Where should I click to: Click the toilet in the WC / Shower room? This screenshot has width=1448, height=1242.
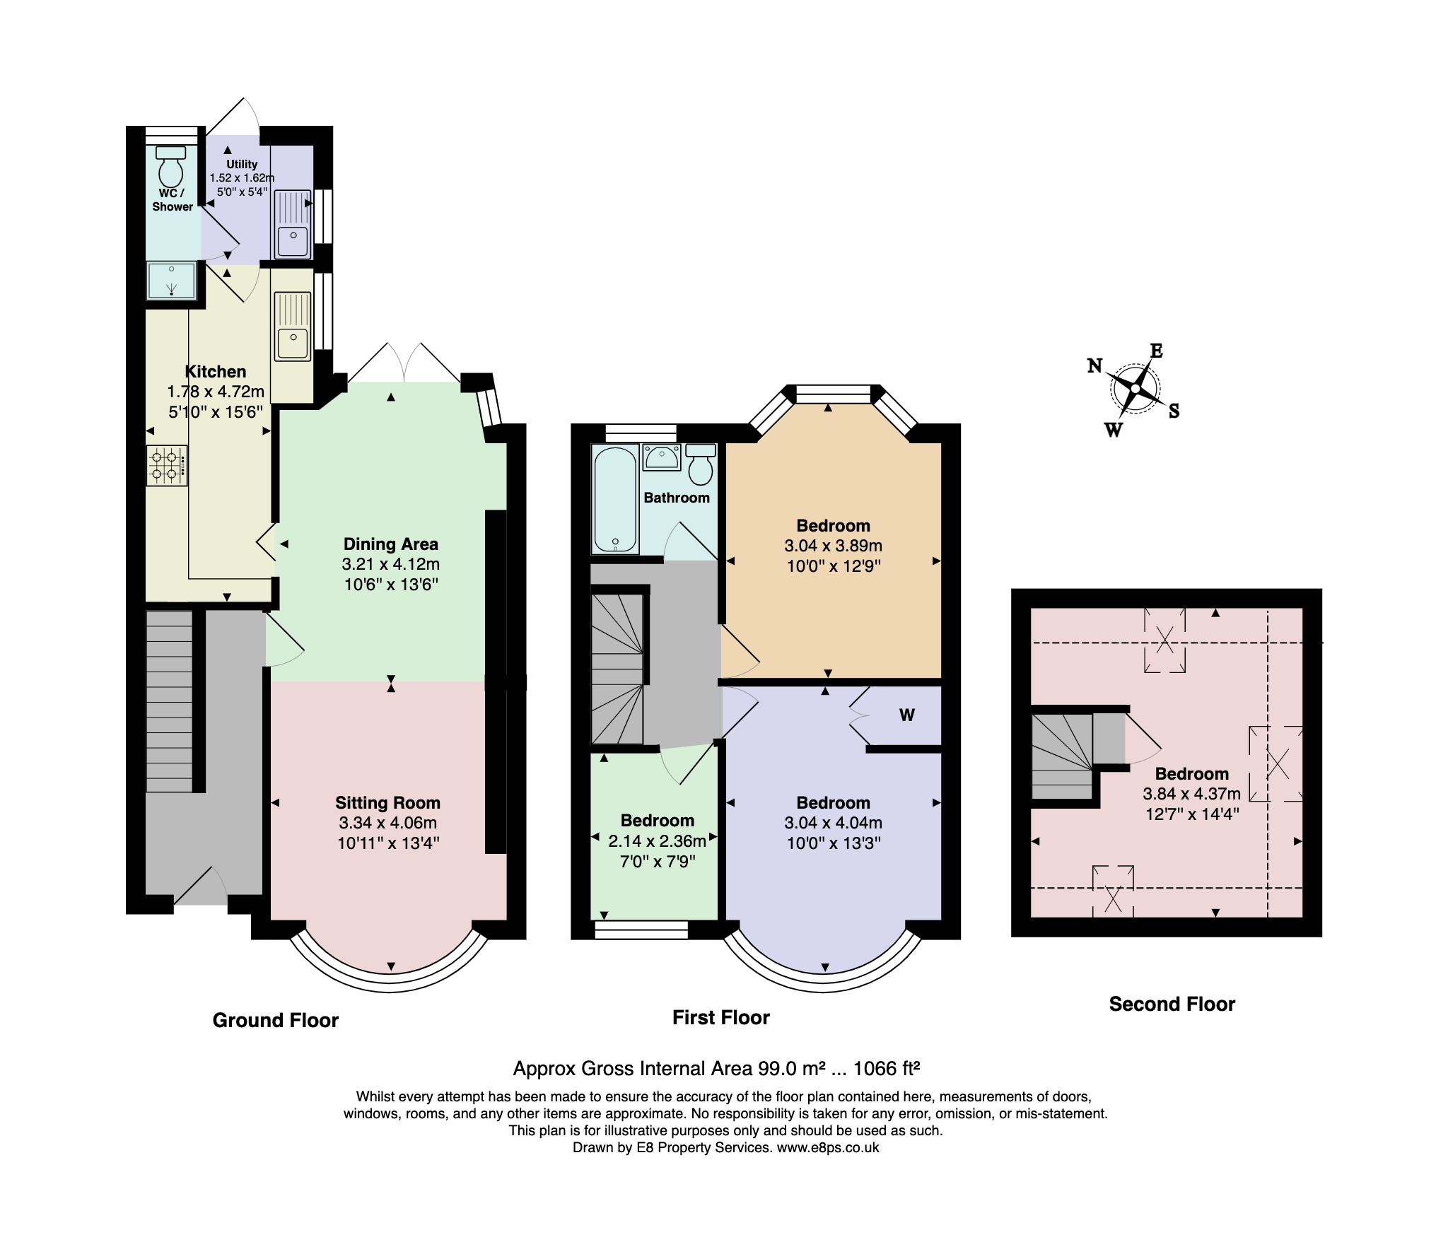[x=170, y=165]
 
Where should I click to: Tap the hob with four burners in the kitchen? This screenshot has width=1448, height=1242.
[x=168, y=465]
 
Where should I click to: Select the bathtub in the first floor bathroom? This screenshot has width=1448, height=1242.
[x=615, y=500]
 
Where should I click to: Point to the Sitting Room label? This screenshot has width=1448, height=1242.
[x=387, y=803]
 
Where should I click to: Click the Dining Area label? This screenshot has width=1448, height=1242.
[x=390, y=544]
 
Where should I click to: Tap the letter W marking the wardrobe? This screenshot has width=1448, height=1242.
[x=907, y=715]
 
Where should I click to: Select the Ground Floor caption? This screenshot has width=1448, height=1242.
[x=276, y=1020]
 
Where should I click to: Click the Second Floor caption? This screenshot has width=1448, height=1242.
[x=1172, y=1004]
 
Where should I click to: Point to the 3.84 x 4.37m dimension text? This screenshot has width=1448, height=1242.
[x=1192, y=794]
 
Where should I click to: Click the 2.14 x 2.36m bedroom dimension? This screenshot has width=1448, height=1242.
[x=658, y=841]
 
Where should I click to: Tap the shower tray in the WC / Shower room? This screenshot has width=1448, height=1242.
[x=171, y=281]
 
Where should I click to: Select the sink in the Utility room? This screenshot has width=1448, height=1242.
[x=292, y=223]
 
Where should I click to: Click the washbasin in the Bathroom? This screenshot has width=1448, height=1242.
[x=662, y=457]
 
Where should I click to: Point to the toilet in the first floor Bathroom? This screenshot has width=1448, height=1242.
[x=700, y=464]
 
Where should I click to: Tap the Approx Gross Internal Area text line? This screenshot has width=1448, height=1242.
[x=716, y=1068]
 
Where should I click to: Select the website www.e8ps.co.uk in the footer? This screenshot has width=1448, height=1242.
[x=828, y=1148]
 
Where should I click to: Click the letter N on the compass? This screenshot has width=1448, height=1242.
[x=1094, y=365]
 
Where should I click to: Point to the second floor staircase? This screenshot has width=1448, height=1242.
[x=1062, y=756]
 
